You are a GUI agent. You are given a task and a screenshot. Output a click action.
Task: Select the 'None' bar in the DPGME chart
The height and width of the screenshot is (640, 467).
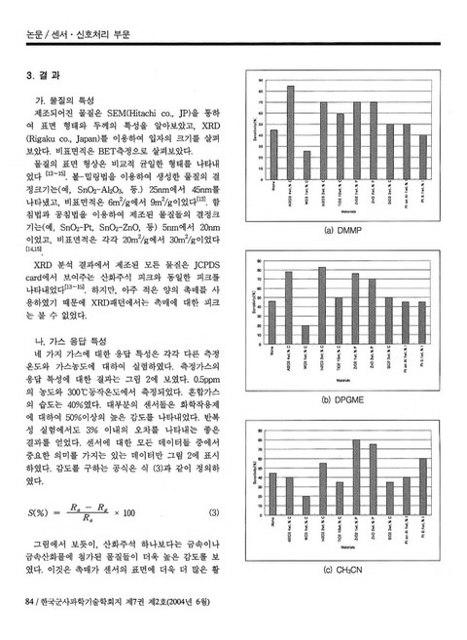(x=273, y=322)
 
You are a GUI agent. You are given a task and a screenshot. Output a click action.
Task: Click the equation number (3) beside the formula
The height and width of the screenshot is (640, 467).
(x=215, y=512)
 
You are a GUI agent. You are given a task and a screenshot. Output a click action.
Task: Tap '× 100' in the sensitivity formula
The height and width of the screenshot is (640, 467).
(x=124, y=512)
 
